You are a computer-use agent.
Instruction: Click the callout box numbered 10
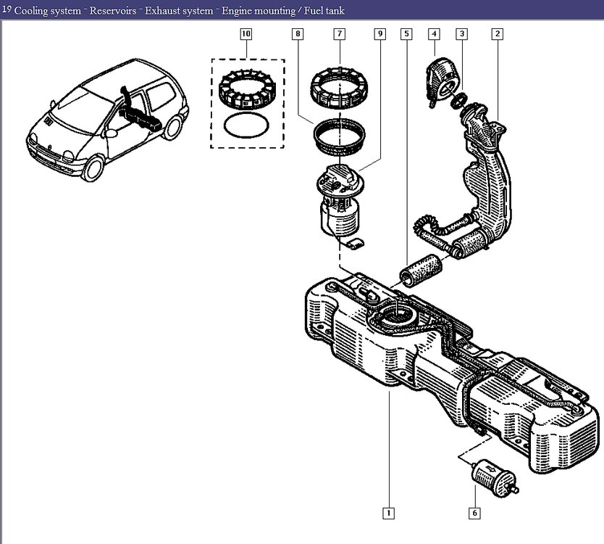(246, 34)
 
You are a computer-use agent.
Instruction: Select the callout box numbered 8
(298, 34)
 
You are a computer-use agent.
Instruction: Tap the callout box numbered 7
(340, 34)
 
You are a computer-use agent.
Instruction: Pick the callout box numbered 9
(380, 34)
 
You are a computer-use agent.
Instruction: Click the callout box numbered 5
(406, 34)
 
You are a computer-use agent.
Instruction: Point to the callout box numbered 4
(434, 34)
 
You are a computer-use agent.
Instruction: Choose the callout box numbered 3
(462, 34)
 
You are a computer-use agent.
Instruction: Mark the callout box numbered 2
(498, 34)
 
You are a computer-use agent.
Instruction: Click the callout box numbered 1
(389, 513)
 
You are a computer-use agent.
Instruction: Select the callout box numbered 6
(474, 513)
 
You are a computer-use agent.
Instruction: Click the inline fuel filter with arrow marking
(494, 478)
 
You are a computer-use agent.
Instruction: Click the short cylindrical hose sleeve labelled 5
(421, 270)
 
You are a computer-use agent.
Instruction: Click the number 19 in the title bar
(7, 9)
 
